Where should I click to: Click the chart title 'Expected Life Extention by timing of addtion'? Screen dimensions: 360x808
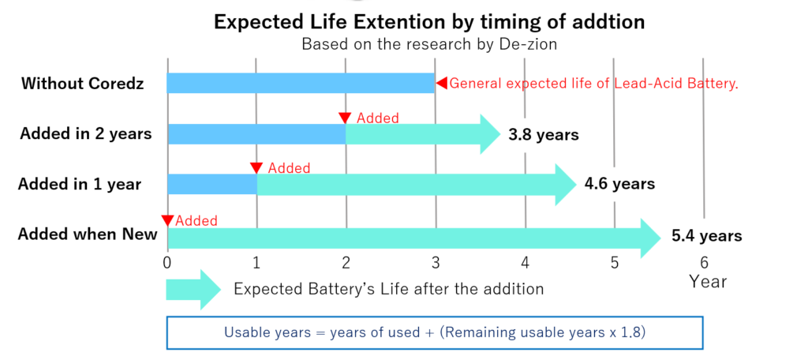(429, 21)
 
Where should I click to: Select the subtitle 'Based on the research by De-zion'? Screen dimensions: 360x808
(429, 44)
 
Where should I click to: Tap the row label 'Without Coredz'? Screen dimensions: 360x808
(83, 83)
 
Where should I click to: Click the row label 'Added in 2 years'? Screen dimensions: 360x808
(85, 133)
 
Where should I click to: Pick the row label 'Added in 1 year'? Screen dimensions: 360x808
(80, 184)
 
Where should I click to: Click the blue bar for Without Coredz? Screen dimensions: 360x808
(301, 83)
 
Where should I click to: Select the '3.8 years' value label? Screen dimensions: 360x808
(544, 134)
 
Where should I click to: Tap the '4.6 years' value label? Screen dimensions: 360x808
(619, 184)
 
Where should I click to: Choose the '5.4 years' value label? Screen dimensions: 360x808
(706, 235)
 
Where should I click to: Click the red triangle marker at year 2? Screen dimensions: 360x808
(345, 118)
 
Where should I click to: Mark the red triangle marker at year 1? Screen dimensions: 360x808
(256, 168)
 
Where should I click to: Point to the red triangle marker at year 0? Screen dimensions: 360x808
(167, 220)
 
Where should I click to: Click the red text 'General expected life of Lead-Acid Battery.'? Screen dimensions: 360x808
(593, 83)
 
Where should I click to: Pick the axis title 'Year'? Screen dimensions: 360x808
(708, 281)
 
